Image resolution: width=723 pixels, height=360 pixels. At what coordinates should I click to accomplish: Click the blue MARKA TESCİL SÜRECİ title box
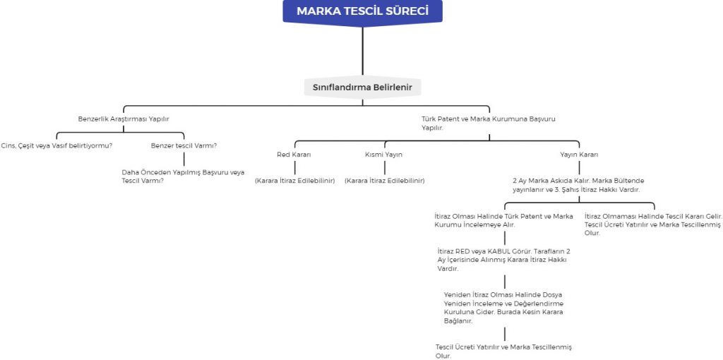point(361,11)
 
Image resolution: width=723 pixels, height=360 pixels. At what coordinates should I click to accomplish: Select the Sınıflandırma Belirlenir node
point(362,88)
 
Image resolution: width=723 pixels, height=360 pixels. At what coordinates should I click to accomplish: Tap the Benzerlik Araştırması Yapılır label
point(124,119)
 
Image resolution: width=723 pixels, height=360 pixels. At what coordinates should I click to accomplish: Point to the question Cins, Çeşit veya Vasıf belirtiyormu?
point(56,145)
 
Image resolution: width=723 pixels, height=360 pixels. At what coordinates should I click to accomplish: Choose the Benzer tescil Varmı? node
point(184,145)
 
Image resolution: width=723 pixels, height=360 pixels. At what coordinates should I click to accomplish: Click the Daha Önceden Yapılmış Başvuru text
point(183,176)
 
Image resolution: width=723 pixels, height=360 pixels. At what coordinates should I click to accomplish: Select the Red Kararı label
point(294,154)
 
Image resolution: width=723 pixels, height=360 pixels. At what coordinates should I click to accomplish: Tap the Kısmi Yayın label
point(383,154)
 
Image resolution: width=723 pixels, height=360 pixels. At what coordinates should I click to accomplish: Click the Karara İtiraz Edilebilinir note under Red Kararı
point(294,181)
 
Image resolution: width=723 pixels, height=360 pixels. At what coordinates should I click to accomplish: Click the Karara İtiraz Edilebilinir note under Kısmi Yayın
point(384,181)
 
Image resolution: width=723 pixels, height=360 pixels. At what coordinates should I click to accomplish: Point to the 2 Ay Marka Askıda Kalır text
point(578,185)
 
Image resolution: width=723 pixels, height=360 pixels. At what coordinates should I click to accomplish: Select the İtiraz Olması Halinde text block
point(503,220)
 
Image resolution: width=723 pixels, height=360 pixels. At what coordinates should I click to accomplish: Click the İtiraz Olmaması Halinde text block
point(652,224)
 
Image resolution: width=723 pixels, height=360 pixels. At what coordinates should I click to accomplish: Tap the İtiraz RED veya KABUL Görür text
point(503,259)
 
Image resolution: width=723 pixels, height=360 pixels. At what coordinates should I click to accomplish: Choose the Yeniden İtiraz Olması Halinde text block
point(503,307)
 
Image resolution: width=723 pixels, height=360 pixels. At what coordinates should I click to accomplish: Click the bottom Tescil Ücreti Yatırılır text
point(503,351)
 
